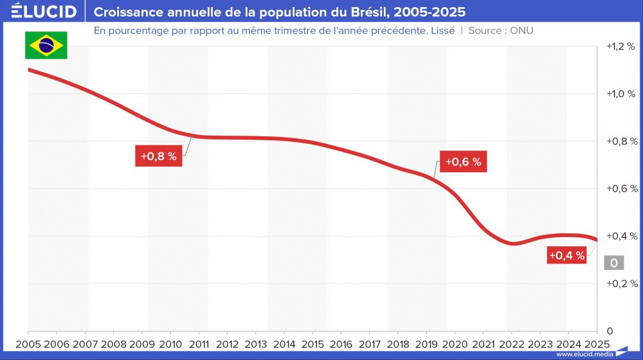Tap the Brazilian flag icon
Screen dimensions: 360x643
[46, 45]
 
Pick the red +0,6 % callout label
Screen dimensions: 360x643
[464, 162]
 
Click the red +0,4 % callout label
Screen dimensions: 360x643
[566, 255]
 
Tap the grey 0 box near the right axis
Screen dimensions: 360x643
[614, 263]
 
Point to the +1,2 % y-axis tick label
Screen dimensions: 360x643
[621, 46]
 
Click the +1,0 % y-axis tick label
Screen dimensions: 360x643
[621, 94]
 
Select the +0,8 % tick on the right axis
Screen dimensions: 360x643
[621, 141]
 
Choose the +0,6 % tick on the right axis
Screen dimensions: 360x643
[621, 188]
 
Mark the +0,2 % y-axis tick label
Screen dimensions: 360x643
[621, 283]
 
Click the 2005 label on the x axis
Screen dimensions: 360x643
[28, 344]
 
